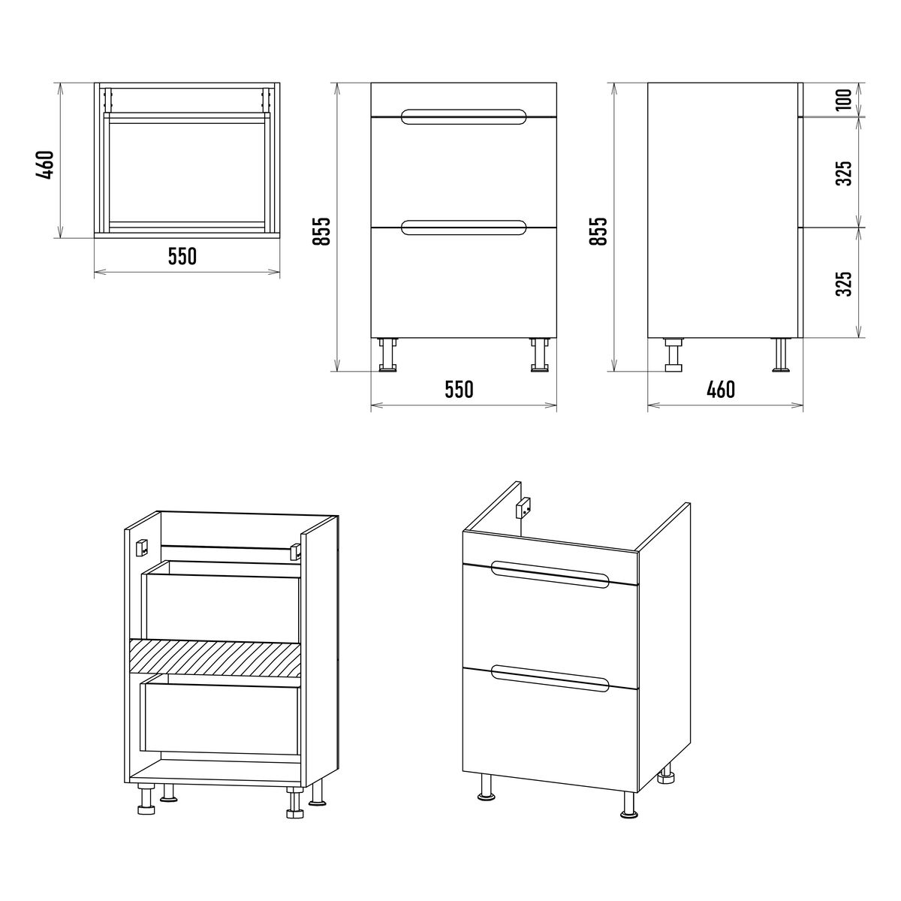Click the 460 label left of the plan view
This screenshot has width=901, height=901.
[46, 165]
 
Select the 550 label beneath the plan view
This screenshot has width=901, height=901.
[182, 256]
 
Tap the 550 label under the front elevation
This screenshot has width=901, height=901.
[459, 389]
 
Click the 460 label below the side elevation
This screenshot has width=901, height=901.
[721, 389]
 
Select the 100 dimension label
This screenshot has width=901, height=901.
[844, 100]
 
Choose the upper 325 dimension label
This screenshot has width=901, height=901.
[844, 173]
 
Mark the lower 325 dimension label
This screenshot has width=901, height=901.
[844, 283]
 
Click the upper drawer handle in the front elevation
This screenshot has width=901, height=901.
[463, 117]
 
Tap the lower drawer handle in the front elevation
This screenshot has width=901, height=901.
[463, 228]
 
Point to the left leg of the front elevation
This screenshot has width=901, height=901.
[388, 355]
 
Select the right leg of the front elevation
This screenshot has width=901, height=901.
[540, 355]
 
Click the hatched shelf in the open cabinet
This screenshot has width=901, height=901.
[215, 658]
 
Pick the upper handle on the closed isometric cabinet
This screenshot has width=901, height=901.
[550, 574]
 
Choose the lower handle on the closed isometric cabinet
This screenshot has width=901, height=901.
[550, 679]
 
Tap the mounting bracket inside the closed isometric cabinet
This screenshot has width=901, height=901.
[523, 506]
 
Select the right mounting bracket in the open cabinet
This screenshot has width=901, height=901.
[296, 551]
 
